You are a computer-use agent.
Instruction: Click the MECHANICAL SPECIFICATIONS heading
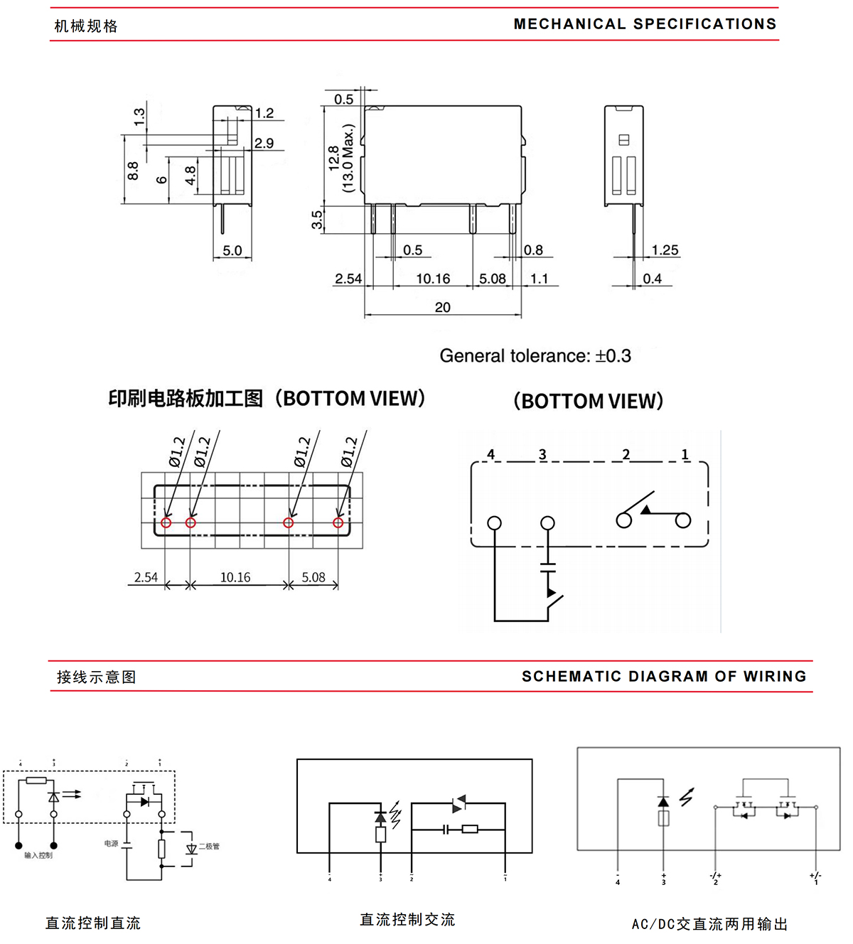[x=645, y=24]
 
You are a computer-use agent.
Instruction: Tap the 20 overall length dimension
[x=442, y=307]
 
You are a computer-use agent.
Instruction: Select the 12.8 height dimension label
[x=333, y=159]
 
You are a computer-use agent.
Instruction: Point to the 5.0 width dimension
[x=232, y=250]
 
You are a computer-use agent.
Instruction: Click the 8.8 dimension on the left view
[x=133, y=171]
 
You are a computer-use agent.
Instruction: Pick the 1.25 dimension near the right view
[x=665, y=250]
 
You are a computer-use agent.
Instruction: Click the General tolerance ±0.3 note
[x=535, y=355]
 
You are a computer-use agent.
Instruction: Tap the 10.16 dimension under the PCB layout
[x=235, y=577]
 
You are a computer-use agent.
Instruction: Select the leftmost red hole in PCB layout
[x=166, y=522]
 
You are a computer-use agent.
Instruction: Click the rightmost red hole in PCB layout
[x=338, y=522]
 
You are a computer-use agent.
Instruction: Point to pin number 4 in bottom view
[x=490, y=454]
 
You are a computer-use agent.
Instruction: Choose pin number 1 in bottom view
[x=685, y=454]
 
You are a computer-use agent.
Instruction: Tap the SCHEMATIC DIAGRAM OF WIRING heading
[x=664, y=676]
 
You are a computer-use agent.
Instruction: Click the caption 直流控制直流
[x=93, y=923]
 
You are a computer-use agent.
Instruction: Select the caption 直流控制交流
[x=407, y=919]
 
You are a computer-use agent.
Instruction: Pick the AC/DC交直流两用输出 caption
[x=709, y=923]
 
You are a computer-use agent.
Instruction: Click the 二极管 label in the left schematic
[x=210, y=846]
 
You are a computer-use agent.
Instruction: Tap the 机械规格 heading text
[x=86, y=26]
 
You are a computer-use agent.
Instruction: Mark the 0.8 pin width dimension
[x=533, y=250]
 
